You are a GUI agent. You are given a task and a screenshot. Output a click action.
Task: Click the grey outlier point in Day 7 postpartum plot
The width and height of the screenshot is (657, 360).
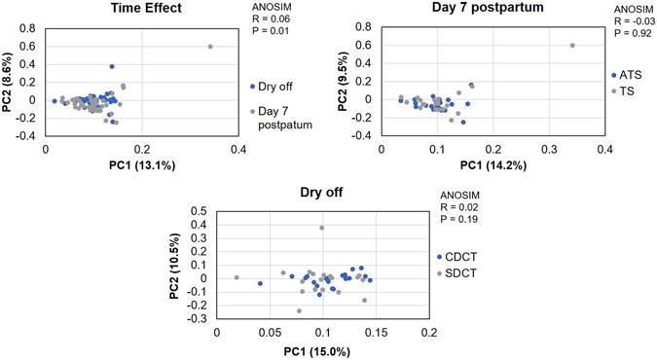click(x=572, y=45)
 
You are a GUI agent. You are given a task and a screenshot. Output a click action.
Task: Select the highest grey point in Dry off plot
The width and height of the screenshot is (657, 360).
click(x=322, y=228)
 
